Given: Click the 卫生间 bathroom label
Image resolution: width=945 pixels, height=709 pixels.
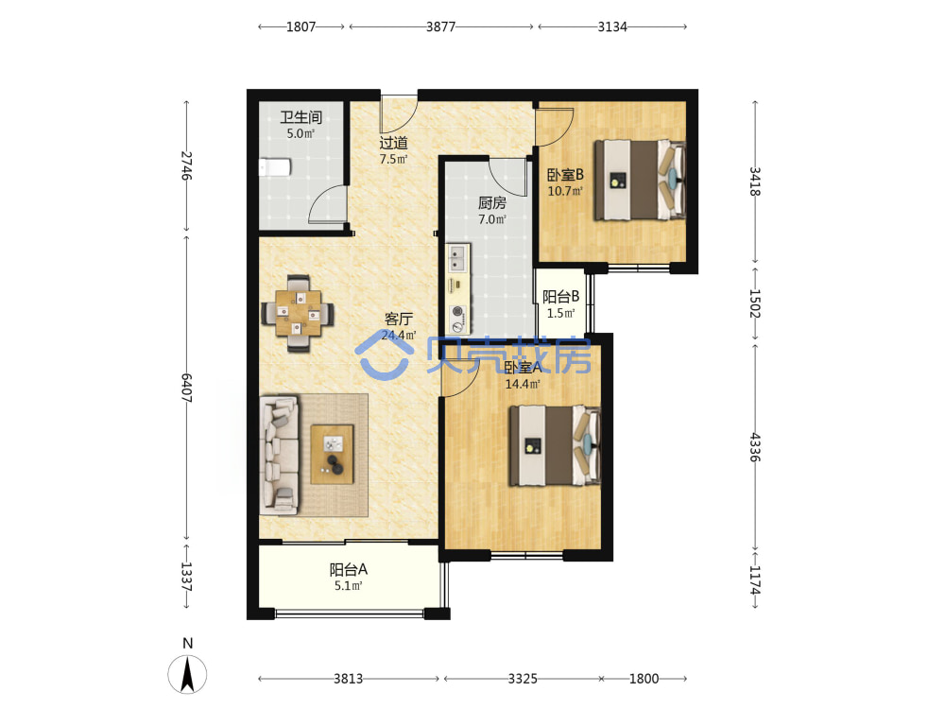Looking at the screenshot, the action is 301,117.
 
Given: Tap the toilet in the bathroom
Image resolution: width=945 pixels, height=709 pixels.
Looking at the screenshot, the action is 275,167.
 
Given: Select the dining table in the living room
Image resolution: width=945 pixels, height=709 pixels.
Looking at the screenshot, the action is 299,313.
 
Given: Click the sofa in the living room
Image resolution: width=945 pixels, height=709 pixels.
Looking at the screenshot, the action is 279,456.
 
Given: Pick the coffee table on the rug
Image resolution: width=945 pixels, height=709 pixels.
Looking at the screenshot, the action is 332,454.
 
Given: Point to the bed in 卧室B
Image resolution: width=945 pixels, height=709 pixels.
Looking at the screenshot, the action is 640,180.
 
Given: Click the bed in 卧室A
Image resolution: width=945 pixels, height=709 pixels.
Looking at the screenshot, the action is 555,445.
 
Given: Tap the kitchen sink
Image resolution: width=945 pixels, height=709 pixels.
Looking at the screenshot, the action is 458,257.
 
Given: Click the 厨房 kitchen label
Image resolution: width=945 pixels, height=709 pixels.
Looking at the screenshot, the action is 491,203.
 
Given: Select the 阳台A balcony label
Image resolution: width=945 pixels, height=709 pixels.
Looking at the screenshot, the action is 349,569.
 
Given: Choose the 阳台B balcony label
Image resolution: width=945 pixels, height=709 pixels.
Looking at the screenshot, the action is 560,297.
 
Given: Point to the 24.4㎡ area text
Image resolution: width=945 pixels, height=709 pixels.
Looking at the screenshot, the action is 399,335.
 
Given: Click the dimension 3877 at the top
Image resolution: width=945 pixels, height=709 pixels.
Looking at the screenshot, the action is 440,26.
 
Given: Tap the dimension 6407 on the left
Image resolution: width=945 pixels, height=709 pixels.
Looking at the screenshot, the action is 187,389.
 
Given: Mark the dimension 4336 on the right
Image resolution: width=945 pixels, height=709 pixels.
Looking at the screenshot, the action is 754,447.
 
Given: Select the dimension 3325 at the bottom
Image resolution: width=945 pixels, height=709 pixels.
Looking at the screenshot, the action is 523,679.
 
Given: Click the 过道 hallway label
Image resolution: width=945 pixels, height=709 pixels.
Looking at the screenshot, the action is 393,143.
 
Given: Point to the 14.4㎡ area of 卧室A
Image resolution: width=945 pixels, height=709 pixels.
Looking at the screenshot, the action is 523,384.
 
